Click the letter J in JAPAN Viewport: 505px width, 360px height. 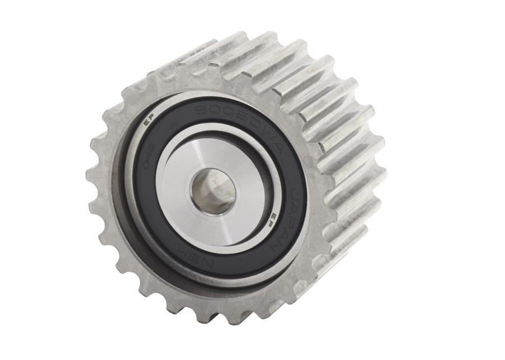(293, 196)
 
